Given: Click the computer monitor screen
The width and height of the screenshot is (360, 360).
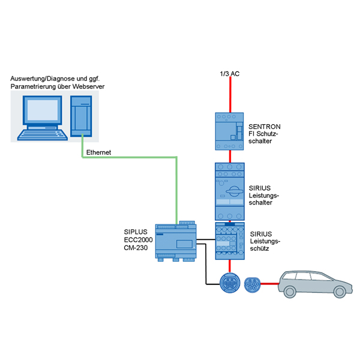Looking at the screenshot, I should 43,110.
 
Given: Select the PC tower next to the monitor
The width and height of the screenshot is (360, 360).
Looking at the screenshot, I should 81,113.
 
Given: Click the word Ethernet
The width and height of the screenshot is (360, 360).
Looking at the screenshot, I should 98,153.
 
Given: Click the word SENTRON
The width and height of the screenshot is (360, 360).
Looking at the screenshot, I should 265,127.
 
